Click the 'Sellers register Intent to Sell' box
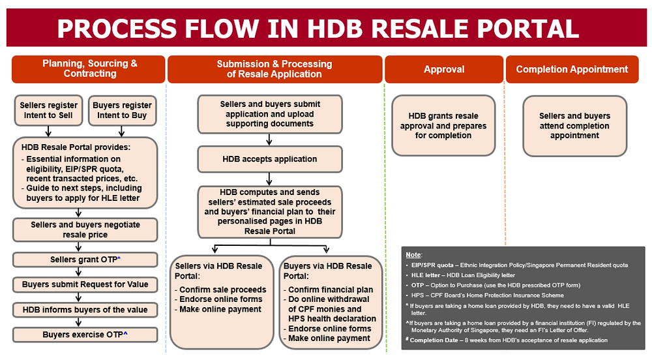(x=48, y=110)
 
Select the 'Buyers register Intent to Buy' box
(x=122, y=110)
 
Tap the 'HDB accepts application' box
(x=269, y=158)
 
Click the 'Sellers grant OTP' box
(x=85, y=260)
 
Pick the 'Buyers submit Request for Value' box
(x=85, y=284)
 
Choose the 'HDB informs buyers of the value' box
(x=85, y=310)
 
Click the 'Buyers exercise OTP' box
(x=85, y=335)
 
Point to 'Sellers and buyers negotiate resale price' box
(x=85, y=230)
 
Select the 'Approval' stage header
(x=444, y=69)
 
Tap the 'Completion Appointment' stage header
(x=572, y=69)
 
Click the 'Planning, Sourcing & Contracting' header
(x=89, y=69)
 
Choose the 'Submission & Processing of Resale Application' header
(x=274, y=69)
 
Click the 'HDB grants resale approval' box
(x=444, y=126)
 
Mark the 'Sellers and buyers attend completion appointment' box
(x=574, y=126)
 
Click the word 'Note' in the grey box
(x=413, y=254)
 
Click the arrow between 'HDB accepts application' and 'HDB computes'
(x=269, y=178)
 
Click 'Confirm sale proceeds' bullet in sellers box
(x=222, y=290)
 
